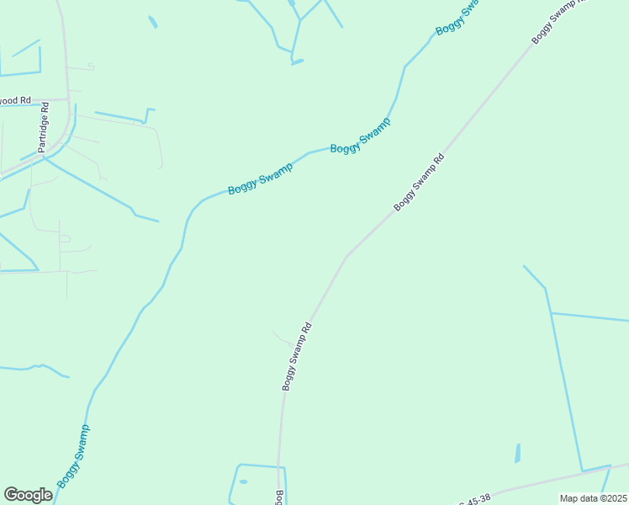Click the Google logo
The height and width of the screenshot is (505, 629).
point(28,495)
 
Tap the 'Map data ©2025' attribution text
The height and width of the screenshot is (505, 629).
point(594,498)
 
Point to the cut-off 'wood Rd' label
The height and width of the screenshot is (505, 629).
point(15,100)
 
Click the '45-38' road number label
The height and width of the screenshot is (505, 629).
point(476,499)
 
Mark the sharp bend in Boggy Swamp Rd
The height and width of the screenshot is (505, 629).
point(346,256)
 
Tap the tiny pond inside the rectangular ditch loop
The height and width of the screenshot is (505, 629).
point(243,481)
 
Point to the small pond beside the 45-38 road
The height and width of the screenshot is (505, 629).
point(517,453)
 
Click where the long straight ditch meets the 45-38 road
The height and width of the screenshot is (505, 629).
point(582,471)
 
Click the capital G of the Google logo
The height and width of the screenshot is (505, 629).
point(12,495)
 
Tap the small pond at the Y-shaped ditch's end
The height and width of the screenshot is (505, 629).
point(297,61)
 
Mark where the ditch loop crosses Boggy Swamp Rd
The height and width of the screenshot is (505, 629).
point(279,465)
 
